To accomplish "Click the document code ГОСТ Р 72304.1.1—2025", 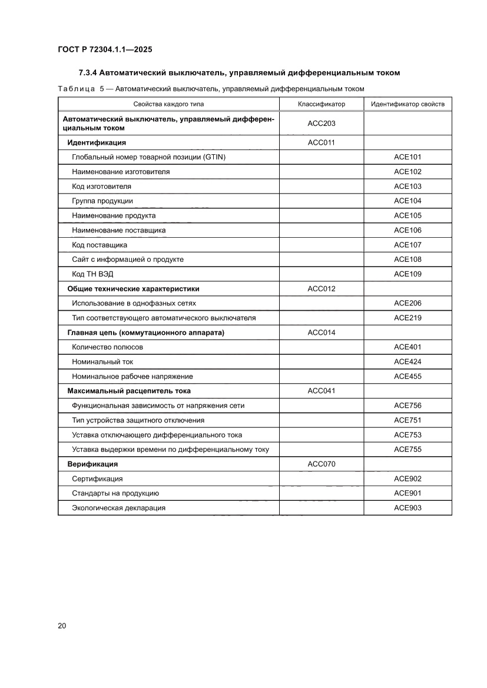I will pyautogui.click(x=105, y=50).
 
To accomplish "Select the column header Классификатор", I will pyautogui.click(x=322, y=104).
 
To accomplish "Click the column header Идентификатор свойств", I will pyautogui.click(x=408, y=104).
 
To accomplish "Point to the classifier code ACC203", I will pyautogui.click(x=322, y=124).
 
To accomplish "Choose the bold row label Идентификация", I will pyautogui.click(x=97, y=142).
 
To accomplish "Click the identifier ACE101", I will pyautogui.click(x=408, y=157).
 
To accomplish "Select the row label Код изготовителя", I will pyautogui.click(x=101, y=187).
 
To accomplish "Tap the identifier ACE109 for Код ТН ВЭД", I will pyautogui.click(x=408, y=274).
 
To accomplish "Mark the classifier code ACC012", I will pyautogui.click(x=322, y=289).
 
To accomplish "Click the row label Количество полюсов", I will pyautogui.click(x=107, y=347).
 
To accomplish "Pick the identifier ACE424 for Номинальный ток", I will pyautogui.click(x=408, y=362).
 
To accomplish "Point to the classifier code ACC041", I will pyautogui.click(x=322, y=391).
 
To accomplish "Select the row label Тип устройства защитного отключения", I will pyautogui.click(x=138, y=420).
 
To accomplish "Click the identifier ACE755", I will pyautogui.click(x=408, y=450).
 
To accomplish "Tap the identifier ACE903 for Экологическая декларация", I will pyautogui.click(x=408, y=508).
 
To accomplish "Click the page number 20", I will pyautogui.click(x=62, y=626).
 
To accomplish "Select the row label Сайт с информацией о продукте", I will pyautogui.click(x=128, y=260).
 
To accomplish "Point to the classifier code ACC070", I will pyautogui.click(x=322, y=464).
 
